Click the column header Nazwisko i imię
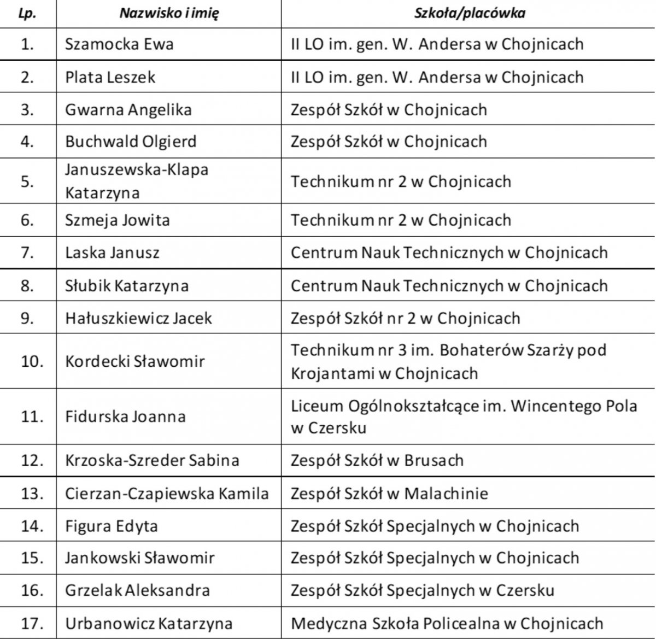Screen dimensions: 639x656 (169, 14)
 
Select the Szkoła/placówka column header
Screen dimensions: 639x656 (469, 14)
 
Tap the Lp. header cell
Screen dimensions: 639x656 (27, 14)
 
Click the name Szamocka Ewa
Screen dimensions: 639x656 (119, 44)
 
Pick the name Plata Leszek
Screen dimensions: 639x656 (110, 77)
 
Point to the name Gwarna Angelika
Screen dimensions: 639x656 (128, 110)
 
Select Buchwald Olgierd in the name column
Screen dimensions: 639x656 (131, 142)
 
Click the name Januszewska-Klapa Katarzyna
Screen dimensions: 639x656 (137, 181)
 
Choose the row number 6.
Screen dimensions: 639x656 (27, 220)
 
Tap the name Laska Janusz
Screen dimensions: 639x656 (112, 253)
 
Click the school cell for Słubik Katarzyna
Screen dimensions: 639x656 (449, 286)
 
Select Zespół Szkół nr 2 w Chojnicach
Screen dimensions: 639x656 (405, 318)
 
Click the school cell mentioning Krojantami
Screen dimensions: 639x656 (448, 361)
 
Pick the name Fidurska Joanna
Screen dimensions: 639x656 (125, 417)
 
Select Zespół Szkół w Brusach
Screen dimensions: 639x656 (377, 461)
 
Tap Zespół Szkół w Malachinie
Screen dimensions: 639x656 (389, 494)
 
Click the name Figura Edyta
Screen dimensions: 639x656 (112, 526)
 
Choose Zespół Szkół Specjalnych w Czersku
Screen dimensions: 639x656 (422, 590)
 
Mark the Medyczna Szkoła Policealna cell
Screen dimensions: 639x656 (447, 623)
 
